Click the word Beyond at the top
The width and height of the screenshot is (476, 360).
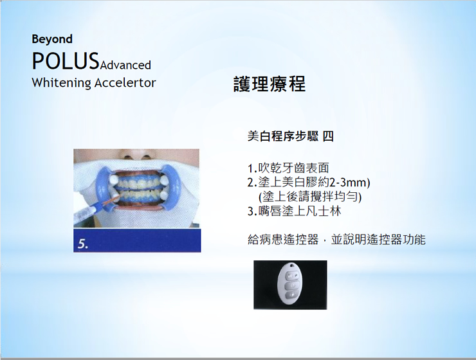click(x=52, y=39)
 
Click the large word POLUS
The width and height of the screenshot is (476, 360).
click(x=66, y=61)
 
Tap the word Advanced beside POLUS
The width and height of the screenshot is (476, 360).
click(x=125, y=65)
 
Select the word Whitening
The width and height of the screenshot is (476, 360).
click(x=61, y=83)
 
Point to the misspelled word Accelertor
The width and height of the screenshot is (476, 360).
click(x=125, y=83)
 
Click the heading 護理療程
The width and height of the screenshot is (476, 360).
click(x=270, y=84)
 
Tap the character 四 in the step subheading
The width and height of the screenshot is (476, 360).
click(x=328, y=136)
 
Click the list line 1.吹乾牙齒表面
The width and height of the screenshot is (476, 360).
click(x=288, y=168)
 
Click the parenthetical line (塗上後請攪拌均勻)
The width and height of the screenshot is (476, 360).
click(x=310, y=197)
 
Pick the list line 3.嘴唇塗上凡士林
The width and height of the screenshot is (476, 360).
click(x=294, y=211)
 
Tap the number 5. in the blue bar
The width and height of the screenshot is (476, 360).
click(x=83, y=244)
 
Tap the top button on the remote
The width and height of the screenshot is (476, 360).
click(x=291, y=276)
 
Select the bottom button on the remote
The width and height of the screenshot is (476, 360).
click(x=291, y=294)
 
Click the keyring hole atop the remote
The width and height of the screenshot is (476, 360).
click(x=293, y=265)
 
